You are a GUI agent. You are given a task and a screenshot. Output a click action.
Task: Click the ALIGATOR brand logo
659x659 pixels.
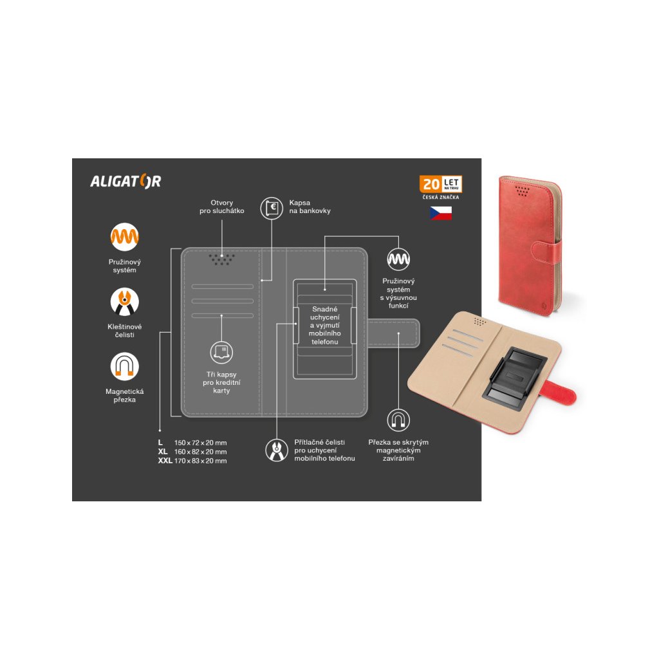coord(125,181)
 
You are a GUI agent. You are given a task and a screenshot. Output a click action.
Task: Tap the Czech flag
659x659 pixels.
coord(441,213)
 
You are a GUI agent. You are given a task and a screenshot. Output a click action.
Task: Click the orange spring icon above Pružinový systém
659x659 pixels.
coord(124,237)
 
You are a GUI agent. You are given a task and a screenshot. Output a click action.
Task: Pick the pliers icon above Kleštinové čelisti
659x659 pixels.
coord(124,301)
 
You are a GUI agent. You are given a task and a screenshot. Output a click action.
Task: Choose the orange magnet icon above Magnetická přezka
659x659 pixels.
coord(124,366)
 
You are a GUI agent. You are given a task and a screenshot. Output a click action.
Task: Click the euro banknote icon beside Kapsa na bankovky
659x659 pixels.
coord(272,207)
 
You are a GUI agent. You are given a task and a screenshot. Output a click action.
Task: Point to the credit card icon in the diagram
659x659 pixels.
coord(221,351)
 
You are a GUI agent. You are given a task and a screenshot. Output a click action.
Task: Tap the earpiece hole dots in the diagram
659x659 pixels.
coord(221,259)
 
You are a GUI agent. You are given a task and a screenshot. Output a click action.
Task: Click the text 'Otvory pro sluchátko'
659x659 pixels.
coord(223,207)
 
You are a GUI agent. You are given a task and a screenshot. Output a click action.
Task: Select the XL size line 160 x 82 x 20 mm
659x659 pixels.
coord(193,452)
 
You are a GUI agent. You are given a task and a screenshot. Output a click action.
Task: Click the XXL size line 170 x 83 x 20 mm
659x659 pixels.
coord(193,461)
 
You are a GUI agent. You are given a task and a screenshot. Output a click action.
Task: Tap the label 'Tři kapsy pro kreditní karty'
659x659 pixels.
coord(221,382)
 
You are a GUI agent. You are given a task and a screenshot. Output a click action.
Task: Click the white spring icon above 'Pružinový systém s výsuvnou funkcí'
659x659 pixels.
coord(398,259)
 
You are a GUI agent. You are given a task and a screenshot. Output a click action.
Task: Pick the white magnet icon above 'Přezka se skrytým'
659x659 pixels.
coord(398,420)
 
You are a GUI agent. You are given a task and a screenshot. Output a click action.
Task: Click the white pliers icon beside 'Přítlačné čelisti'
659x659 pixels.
coord(277,450)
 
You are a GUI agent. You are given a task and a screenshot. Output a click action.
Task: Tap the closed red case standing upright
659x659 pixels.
coord(529,245)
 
